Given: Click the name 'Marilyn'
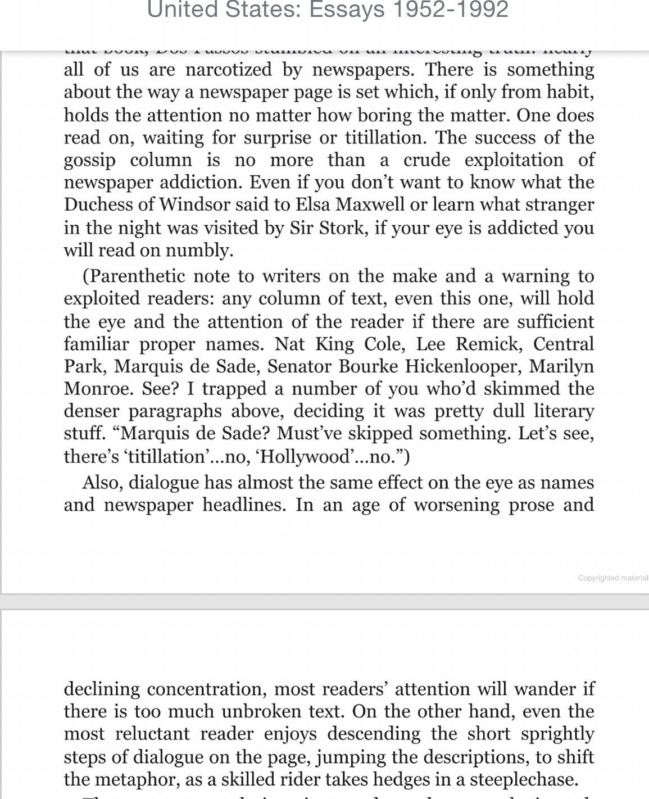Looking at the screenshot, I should (x=561, y=366).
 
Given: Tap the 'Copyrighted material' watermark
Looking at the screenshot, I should (x=612, y=578).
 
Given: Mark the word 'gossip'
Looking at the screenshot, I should (x=90, y=160).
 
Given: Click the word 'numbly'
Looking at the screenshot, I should (x=199, y=250).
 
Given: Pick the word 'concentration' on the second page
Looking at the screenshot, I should (x=206, y=689).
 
